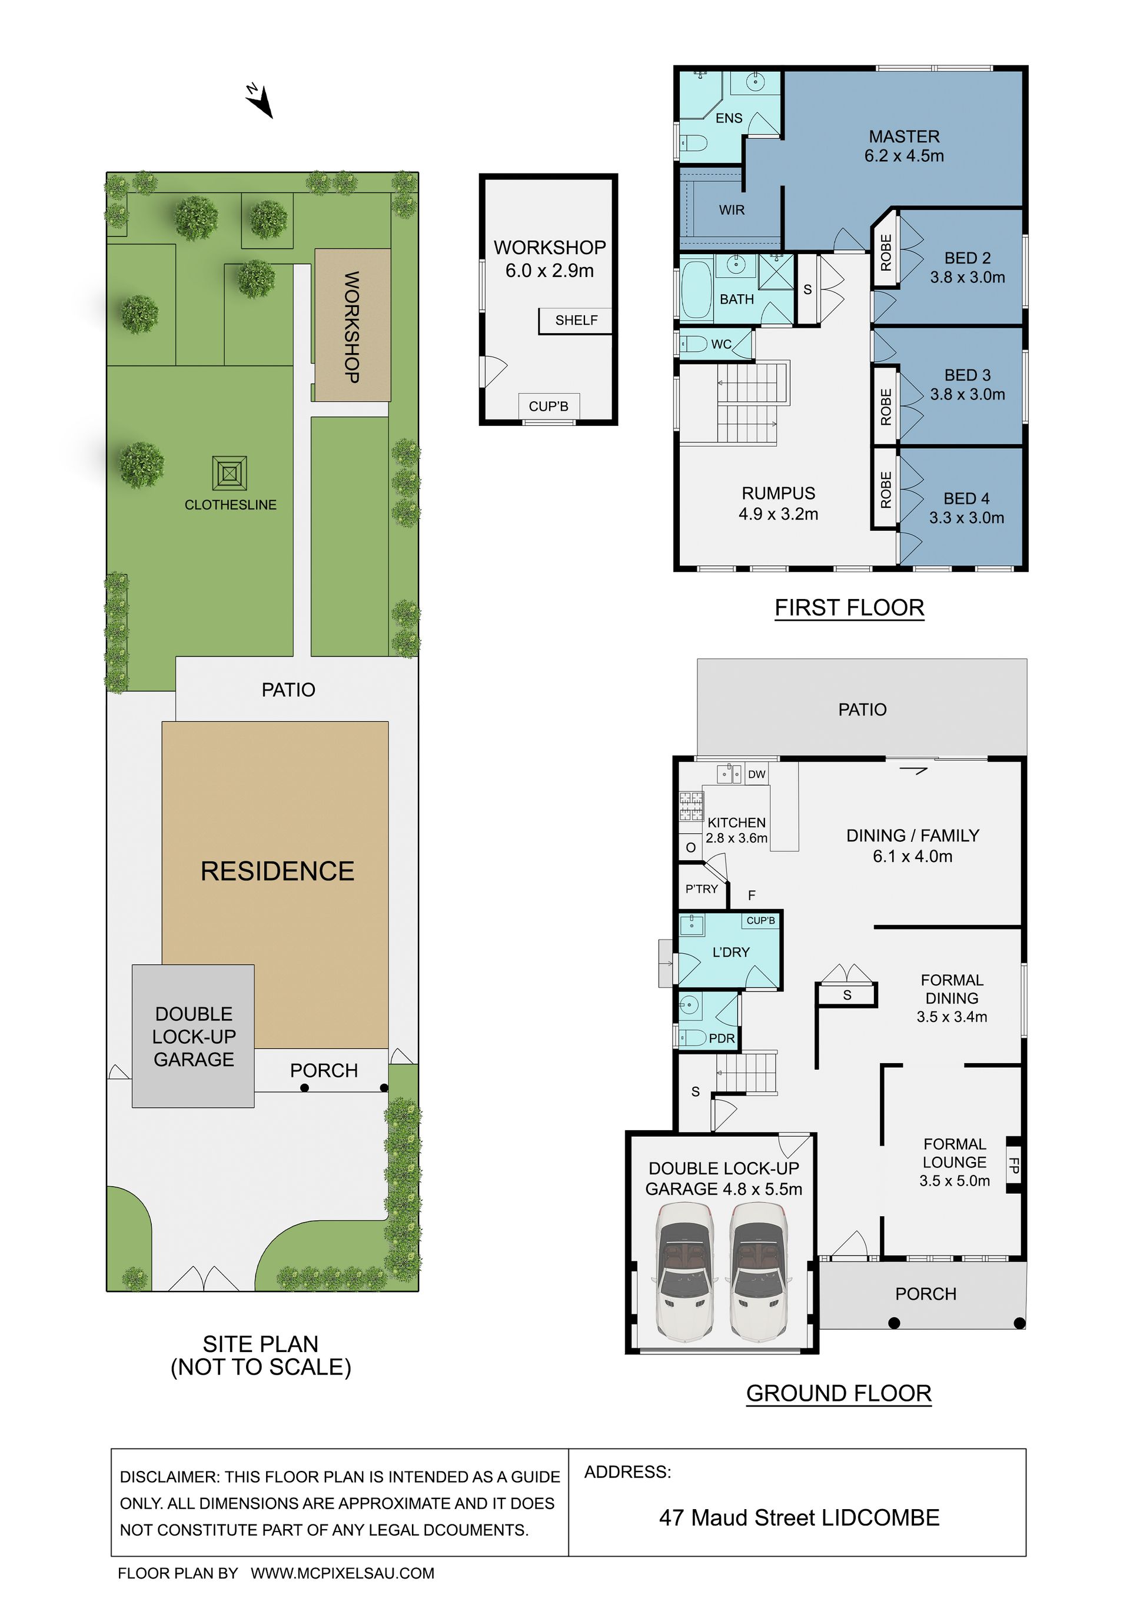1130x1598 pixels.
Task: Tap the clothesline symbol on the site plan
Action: click(x=230, y=474)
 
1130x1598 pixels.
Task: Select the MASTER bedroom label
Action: click(x=904, y=137)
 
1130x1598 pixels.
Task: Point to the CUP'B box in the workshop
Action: click(x=549, y=406)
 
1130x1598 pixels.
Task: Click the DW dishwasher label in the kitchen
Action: click(x=756, y=774)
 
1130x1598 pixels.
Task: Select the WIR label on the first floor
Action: click(x=732, y=209)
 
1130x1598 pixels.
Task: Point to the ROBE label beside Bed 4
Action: click(x=886, y=490)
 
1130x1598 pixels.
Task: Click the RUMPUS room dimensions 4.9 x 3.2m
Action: click(x=779, y=514)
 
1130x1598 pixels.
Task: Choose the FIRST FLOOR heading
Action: click(x=849, y=608)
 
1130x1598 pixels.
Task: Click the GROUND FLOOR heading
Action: click(x=839, y=1393)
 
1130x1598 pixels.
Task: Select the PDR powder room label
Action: click(x=722, y=1038)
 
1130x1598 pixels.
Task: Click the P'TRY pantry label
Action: click(x=701, y=889)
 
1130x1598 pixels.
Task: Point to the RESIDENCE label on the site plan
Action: click(x=277, y=871)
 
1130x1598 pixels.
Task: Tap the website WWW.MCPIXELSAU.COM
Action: click(x=343, y=1573)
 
